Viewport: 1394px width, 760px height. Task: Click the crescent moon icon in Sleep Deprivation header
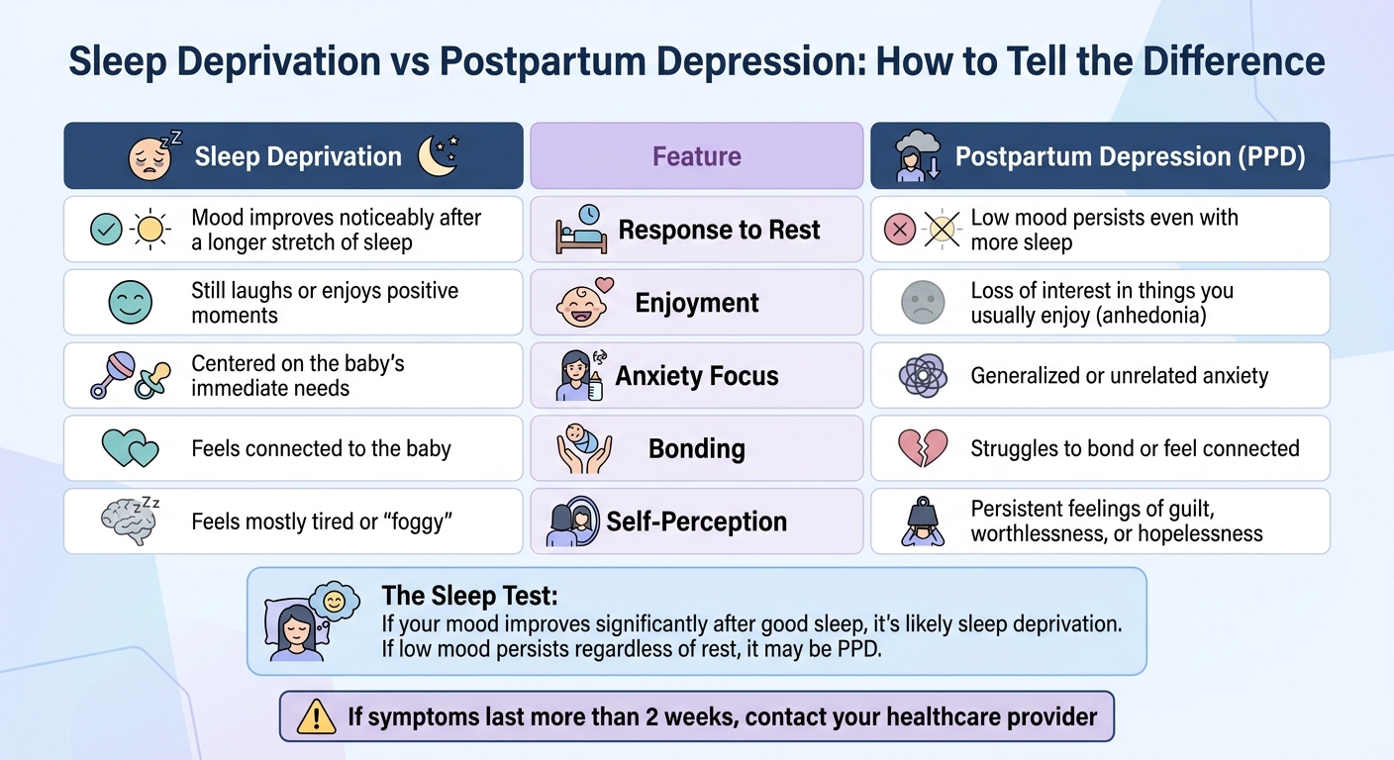tap(437, 156)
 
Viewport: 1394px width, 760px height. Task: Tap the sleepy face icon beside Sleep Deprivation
tap(150, 157)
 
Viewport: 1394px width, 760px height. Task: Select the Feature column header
tap(696, 156)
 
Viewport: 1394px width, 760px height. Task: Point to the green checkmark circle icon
tap(106, 230)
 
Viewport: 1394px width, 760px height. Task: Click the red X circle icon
tap(900, 230)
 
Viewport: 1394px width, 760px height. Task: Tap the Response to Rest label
tap(719, 230)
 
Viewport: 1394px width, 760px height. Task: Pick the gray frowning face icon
tap(923, 303)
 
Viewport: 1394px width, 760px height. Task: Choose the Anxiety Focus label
tap(697, 376)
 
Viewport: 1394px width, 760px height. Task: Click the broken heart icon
tap(923, 448)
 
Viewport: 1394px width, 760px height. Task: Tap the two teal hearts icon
tap(131, 449)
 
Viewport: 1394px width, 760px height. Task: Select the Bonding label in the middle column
tap(696, 448)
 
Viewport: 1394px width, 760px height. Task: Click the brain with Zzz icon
tap(131, 522)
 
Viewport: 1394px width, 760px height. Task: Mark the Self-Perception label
tap(696, 522)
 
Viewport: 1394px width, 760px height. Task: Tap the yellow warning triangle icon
tap(317, 716)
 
